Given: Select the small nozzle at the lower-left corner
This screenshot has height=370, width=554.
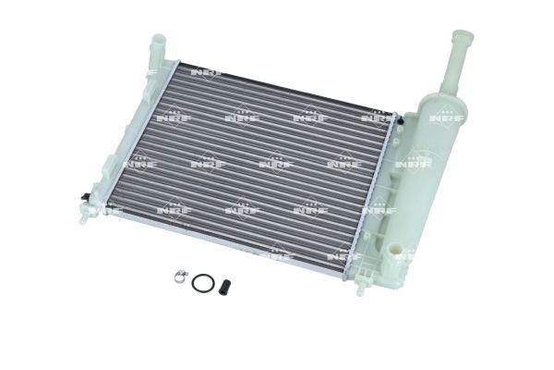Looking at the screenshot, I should (83, 215).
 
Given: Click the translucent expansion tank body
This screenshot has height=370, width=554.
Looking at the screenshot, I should (434, 166).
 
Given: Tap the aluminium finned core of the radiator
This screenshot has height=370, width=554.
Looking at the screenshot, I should (249, 166).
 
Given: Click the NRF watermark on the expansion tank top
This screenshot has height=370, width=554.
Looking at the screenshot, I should (447, 118).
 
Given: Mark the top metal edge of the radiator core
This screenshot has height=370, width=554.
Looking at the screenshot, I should (286, 89).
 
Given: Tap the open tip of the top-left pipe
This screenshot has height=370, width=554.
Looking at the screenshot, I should (158, 37).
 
